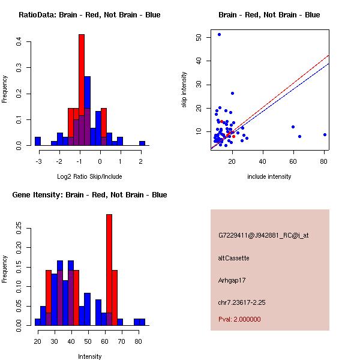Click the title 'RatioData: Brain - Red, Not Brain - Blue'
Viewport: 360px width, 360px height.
pyautogui.click(x=89, y=15)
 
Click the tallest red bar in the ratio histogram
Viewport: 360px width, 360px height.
pyautogui.click(x=82, y=90)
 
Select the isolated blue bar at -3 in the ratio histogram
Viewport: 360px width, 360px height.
pyautogui.click(x=38, y=141)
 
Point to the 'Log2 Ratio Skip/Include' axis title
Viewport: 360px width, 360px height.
pyautogui.click(x=89, y=176)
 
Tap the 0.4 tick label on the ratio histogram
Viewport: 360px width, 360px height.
pyautogui.click(x=19, y=42)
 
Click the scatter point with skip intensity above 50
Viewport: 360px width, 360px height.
pyautogui.click(x=219, y=34)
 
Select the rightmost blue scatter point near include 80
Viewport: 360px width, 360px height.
pyautogui.click(x=325, y=134)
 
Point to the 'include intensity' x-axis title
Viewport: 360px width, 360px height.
pyautogui.click(x=269, y=176)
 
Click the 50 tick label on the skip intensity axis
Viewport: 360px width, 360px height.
pyautogui.click(x=199, y=37)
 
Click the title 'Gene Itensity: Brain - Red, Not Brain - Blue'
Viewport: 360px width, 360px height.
pyautogui.click(x=89, y=195)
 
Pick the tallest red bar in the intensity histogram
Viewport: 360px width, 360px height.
pyautogui.click(x=109, y=269)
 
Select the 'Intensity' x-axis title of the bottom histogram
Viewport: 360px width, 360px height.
pyautogui.click(x=89, y=356)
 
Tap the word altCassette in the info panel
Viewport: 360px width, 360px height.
pyautogui.click(x=233, y=258)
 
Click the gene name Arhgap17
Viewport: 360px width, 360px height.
pyautogui.click(x=232, y=280)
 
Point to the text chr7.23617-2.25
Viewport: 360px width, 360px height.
pyautogui.click(x=242, y=302)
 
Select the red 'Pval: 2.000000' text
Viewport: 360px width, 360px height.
pyautogui.click(x=239, y=319)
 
